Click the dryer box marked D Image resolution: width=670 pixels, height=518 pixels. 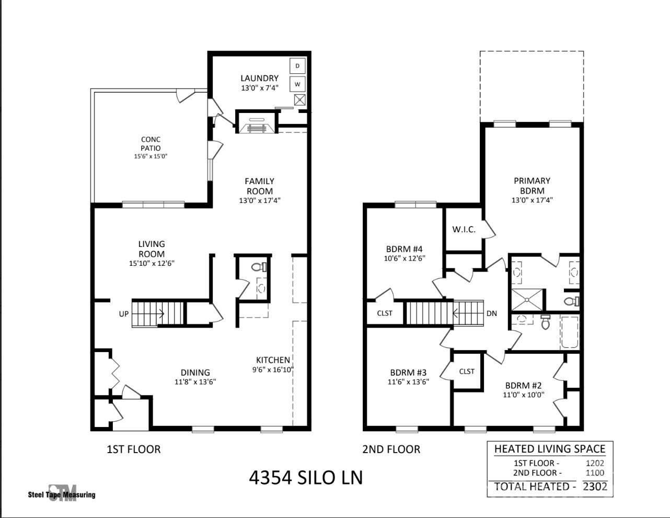click(x=297, y=65)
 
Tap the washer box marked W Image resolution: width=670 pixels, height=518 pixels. click(x=297, y=84)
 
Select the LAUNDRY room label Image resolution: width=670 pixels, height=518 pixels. click(x=259, y=78)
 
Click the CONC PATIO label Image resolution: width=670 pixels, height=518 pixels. click(x=151, y=144)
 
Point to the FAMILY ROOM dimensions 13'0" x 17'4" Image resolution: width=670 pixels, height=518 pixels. click(x=260, y=200)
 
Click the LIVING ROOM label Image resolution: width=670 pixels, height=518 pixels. click(x=152, y=249)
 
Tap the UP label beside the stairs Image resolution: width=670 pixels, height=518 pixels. click(x=124, y=314)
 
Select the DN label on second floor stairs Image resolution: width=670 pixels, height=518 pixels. click(x=491, y=313)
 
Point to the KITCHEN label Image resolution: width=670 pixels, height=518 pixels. click(x=273, y=360)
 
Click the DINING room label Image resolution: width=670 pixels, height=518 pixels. click(x=195, y=373)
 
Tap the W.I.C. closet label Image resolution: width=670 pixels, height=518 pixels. click(x=464, y=230)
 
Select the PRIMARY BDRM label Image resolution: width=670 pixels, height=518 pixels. click(x=532, y=186)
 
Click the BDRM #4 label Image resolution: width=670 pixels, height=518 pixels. click(x=404, y=249)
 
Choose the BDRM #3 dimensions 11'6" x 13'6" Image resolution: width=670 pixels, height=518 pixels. click(x=408, y=382)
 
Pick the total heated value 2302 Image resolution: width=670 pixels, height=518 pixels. click(x=595, y=486)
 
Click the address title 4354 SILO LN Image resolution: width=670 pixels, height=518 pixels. click(x=306, y=477)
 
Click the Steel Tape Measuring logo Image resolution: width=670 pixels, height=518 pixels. click(x=62, y=493)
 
